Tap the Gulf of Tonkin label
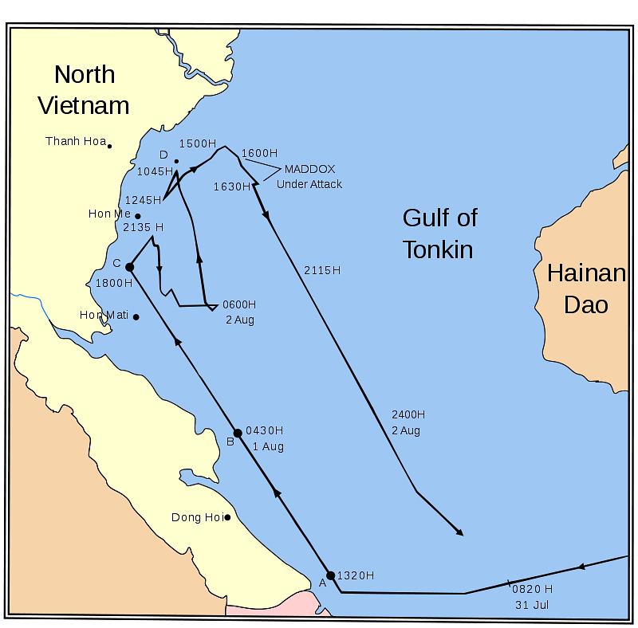[439, 234]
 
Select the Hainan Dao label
[585, 289]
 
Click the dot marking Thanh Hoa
[110, 146]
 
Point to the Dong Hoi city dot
[227, 518]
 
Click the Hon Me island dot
[137, 216]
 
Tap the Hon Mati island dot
[136, 317]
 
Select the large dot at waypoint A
[331, 575]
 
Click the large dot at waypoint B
[237, 433]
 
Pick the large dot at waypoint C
[129, 267]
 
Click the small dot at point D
[176, 162]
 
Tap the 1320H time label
[356, 575]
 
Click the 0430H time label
[264, 430]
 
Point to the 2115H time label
[322, 270]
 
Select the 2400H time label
[408, 414]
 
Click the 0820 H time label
[532, 589]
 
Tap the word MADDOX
[309, 170]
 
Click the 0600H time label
[239, 304]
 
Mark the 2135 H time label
[144, 227]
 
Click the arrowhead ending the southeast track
[460, 533]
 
